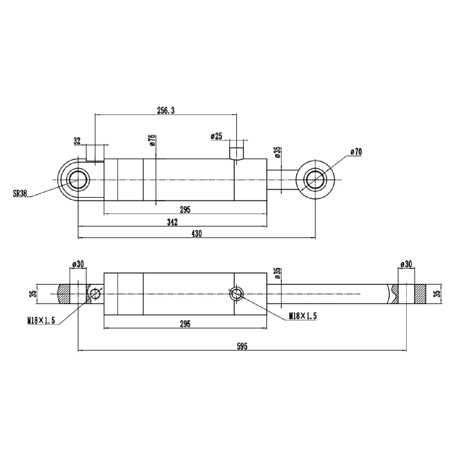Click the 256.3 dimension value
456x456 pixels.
tap(166, 111)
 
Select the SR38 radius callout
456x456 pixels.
tap(20, 193)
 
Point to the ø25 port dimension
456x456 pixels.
tap(216, 136)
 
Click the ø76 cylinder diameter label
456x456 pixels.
tap(152, 140)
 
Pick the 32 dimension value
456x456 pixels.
tap(77, 141)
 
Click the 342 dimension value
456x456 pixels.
tap(172, 222)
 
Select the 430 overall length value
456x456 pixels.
tap(196, 233)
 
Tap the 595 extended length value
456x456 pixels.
tap(242, 346)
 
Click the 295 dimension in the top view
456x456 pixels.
tap(185, 210)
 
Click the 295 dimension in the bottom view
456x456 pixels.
tap(185, 324)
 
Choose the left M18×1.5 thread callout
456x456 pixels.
tap(40, 321)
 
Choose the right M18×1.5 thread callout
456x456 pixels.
tap(302, 316)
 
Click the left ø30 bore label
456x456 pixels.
tap(78, 264)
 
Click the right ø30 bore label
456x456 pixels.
tap(406, 264)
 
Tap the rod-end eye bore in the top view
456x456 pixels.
tap(315, 180)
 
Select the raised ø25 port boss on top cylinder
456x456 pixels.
tap(236, 154)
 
